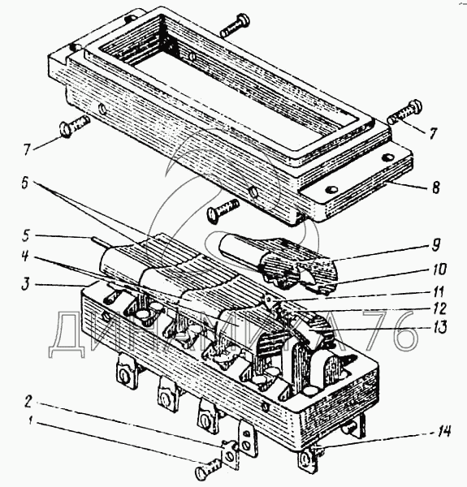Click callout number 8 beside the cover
coord(435,187)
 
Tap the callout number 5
coord(25,235)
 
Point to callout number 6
coord(24,183)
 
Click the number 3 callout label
coord(25,285)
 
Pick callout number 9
coord(435,245)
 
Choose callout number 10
coord(439,269)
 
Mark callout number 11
coord(439,291)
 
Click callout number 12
coord(439,308)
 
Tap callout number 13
coord(439,327)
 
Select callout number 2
coord(28,403)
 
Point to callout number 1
coord(30,421)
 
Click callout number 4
coord(25,256)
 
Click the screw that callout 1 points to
coord(208,469)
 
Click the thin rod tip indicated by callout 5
coord(97,241)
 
